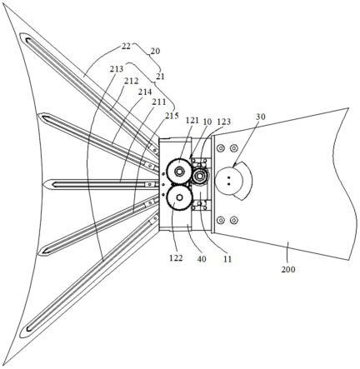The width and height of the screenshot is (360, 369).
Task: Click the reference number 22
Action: [x=126, y=46]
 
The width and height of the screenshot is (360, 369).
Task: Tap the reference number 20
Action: [x=155, y=51]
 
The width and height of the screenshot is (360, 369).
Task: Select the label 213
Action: [x=117, y=69]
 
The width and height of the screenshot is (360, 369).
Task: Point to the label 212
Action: [x=131, y=81]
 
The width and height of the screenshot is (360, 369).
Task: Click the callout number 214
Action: [x=145, y=92]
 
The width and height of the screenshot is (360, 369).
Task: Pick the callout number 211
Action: [x=158, y=102]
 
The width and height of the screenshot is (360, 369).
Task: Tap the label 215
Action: [x=172, y=115]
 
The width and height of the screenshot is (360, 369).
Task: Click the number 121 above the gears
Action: [x=192, y=120]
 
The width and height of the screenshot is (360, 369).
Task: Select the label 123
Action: [x=224, y=122]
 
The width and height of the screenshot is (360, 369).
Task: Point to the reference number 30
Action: [x=261, y=117]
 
